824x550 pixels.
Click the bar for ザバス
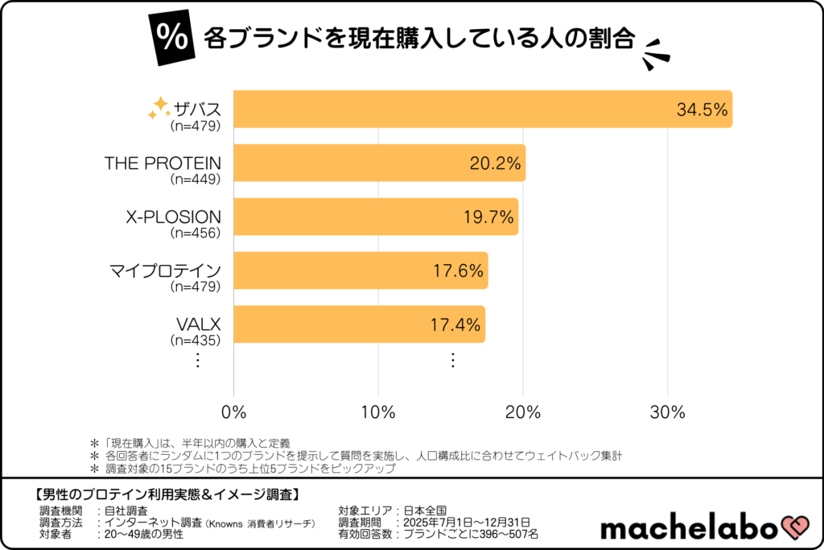click(x=483, y=110)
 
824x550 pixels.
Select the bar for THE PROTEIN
click(x=378, y=163)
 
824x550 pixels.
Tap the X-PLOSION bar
click(x=375, y=217)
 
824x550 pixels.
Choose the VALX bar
click(x=359, y=325)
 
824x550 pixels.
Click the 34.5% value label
click(x=702, y=110)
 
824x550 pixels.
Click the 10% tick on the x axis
click(x=378, y=412)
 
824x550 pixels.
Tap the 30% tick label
click(x=667, y=412)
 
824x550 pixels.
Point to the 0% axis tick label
click(x=233, y=412)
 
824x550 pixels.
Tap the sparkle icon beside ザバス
click(x=159, y=108)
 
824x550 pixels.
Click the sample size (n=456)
click(x=196, y=233)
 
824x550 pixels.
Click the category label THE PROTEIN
click(x=163, y=163)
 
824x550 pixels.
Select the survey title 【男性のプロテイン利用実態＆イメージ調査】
click(x=168, y=493)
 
